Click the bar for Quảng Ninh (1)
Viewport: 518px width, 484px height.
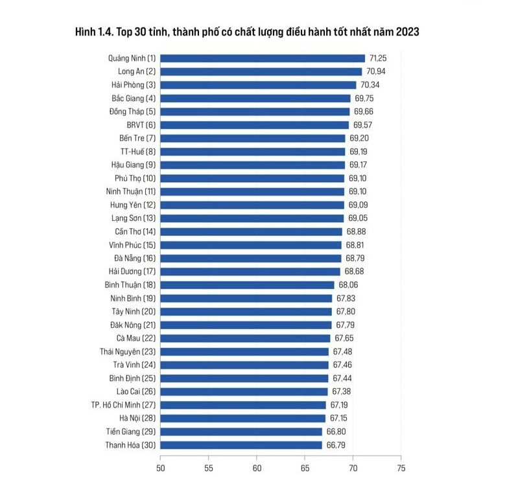(263, 58)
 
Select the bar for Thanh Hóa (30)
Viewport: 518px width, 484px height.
(241, 445)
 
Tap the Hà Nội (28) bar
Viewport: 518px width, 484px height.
(243, 419)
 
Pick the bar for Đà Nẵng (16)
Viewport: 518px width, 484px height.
(251, 258)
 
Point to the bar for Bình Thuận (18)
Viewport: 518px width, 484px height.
(248, 285)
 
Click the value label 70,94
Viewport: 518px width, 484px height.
(375, 71)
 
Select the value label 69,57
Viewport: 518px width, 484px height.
(362, 125)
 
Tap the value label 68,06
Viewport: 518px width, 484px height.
(348, 284)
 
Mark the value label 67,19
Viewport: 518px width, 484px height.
(339, 405)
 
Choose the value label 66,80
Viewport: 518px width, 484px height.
(336, 432)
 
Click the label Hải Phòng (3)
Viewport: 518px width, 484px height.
(134, 85)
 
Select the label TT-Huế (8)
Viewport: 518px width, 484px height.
(137, 152)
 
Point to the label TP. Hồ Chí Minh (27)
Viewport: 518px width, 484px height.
(123, 405)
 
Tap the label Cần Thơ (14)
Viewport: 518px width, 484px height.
(135, 231)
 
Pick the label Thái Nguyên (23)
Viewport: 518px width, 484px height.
(128, 352)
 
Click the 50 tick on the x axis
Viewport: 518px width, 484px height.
(161, 468)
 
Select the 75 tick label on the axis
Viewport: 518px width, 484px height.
(401, 468)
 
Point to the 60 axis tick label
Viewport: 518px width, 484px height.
(257, 468)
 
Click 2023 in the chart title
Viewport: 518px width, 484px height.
(407, 32)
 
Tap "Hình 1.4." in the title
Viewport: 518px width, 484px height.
(94, 32)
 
